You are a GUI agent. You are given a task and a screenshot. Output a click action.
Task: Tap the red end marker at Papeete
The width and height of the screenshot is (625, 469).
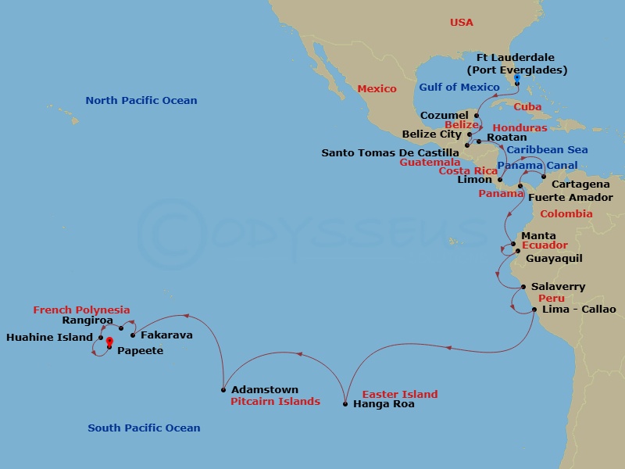click(109, 341)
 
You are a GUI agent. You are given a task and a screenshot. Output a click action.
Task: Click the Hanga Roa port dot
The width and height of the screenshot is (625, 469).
click(345, 404)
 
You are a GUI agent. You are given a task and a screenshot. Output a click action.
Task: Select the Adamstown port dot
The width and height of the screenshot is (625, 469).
click(224, 389)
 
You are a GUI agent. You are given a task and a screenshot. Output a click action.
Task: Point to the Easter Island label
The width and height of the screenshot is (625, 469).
click(400, 394)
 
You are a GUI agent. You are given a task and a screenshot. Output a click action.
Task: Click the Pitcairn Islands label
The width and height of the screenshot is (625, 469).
click(275, 402)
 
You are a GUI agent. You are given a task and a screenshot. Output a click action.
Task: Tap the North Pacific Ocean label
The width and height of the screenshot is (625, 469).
click(141, 100)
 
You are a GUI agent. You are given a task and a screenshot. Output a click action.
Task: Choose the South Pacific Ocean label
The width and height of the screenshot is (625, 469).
click(144, 428)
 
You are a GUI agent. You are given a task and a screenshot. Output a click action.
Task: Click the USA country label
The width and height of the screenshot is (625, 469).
click(462, 22)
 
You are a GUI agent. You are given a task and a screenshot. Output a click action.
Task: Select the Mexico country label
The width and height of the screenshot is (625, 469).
click(377, 88)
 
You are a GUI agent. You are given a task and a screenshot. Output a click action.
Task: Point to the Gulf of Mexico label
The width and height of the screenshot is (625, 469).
click(459, 87)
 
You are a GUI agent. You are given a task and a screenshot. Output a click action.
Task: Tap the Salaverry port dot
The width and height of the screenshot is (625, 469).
click(523, 287)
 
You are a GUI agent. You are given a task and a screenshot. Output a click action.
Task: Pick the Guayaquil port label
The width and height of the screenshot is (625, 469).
click(554, 258)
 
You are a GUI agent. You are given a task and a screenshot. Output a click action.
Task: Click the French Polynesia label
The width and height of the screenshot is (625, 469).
click(81, 310)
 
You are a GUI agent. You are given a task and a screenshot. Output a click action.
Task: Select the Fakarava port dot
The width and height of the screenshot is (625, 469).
click(133, 335)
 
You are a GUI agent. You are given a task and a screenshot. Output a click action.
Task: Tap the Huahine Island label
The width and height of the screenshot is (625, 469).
click(49, 338)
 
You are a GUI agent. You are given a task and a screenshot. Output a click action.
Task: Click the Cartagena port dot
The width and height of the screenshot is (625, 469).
click(543, 177)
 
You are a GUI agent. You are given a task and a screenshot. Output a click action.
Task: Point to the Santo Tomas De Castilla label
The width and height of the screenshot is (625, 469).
click(391, 152)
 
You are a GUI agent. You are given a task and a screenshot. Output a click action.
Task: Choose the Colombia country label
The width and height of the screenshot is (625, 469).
click(566, 213)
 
